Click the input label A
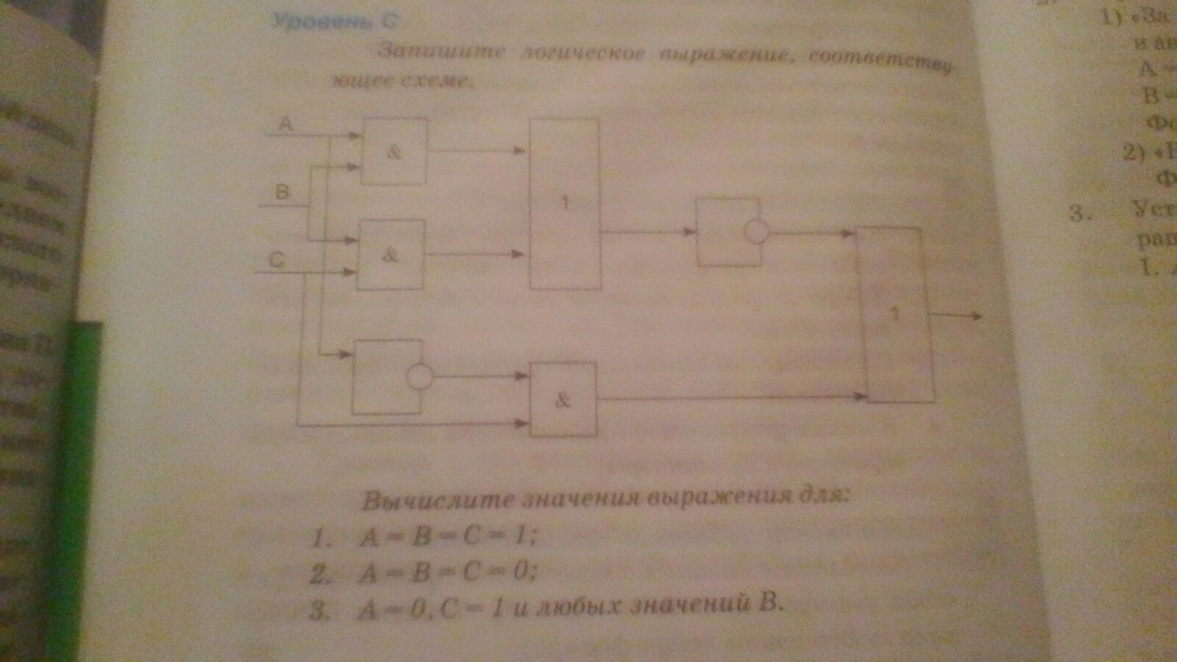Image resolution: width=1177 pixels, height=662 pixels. pyautogui.click(x=285, y=125)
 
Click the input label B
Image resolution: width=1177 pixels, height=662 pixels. pyautogui.click(x=282, y=193)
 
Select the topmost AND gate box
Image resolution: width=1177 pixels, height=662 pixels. pyautogui.click(x=394, y=151)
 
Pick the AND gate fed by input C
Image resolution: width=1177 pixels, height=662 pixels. pyautogui.click(x=391, y=255)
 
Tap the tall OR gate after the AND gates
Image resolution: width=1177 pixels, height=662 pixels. pyautogui.click(x=565, y=204)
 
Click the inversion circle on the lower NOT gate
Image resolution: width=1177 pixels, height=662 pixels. pyautogui.click(x=420, y=377)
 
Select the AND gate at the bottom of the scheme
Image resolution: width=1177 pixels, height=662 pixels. pyautogui.click(x=563, y=399)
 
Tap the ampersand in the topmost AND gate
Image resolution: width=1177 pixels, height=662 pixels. pyautogui.click(x=395, y=152)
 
